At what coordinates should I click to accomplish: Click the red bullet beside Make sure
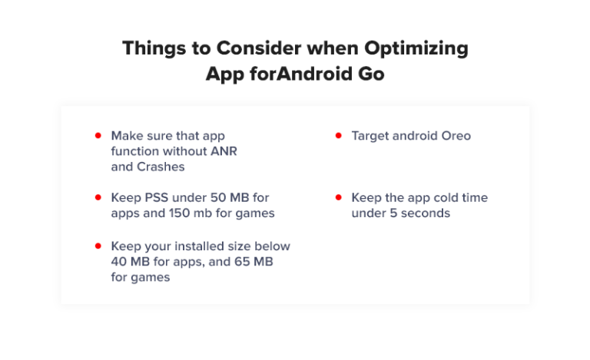[98, 135]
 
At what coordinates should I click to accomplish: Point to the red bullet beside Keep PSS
[98, 197]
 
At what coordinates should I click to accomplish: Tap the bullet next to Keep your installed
[98, 246]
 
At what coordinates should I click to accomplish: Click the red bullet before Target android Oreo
[339, 135]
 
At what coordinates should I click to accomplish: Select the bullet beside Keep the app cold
[339, 197]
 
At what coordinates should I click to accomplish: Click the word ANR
[224, 151]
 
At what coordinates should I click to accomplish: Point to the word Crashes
[161, 167]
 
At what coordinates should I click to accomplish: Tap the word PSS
[156, 198]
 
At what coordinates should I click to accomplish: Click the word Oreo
[456, 136]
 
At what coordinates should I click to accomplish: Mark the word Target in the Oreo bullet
[372, 137]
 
